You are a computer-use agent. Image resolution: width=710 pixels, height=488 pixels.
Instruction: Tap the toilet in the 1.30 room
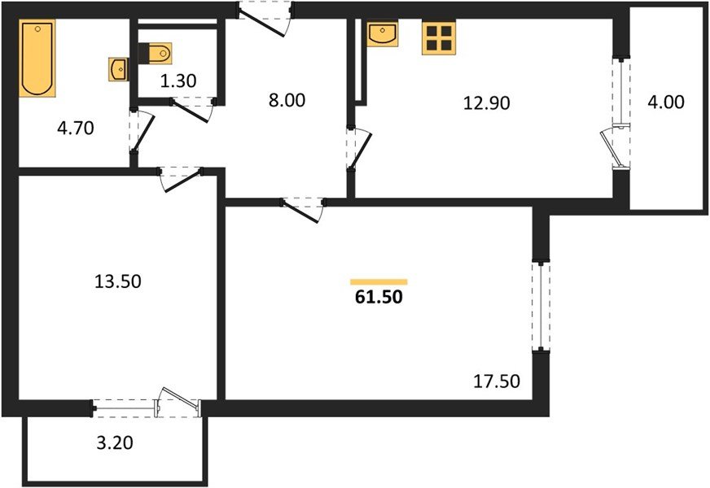point(157,54)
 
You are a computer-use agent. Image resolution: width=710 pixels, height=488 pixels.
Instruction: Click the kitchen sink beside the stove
point(381,34)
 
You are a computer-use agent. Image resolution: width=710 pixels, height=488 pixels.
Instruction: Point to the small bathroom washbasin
point(118,69)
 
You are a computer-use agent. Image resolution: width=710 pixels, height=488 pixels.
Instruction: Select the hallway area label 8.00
point(286,102)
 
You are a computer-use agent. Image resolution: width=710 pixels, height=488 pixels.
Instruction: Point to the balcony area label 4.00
point(667,102)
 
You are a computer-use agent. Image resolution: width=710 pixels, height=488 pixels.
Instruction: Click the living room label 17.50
point(497,380)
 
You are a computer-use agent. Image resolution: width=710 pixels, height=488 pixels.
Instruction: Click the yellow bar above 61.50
point(379,281)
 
